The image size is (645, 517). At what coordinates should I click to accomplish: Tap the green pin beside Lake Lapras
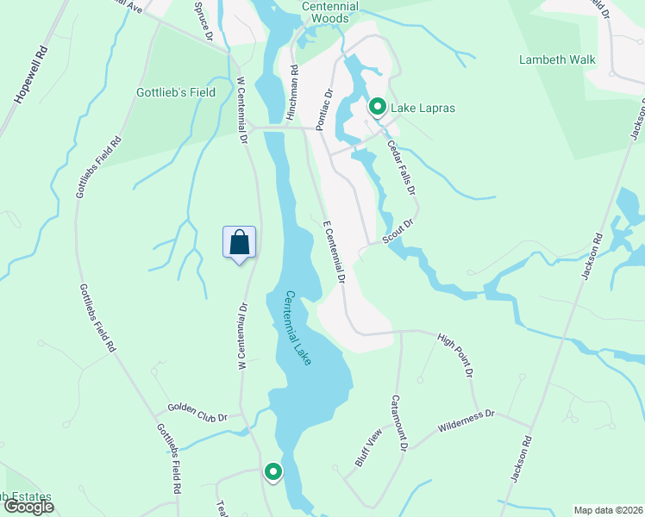[378, 108]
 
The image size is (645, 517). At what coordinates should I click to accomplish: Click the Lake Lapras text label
[423, 108]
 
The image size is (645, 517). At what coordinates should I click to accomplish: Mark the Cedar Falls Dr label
[401, 167]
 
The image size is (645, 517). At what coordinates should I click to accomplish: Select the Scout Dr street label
[401, 232]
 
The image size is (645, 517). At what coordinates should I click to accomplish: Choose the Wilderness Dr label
[466, 420]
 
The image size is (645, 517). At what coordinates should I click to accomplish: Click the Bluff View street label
[368, 448]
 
